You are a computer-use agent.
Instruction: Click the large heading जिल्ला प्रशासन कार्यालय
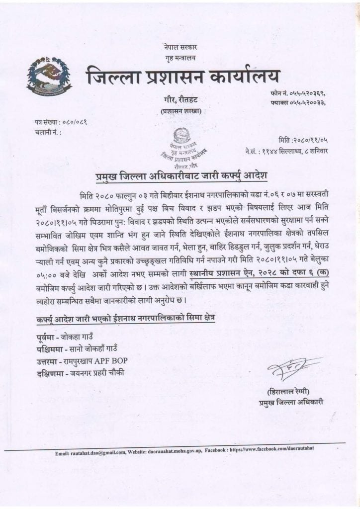pyautogui.click(x=183, y=78)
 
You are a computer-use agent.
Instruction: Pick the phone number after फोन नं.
pyautogui.click(x=310, y=93)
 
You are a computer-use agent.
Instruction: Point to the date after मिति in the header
pyautogui.click(x=312, y=140)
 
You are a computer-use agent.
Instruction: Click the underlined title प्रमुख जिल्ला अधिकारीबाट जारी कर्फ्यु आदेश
pyautogui.click(x=181, y=176)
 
